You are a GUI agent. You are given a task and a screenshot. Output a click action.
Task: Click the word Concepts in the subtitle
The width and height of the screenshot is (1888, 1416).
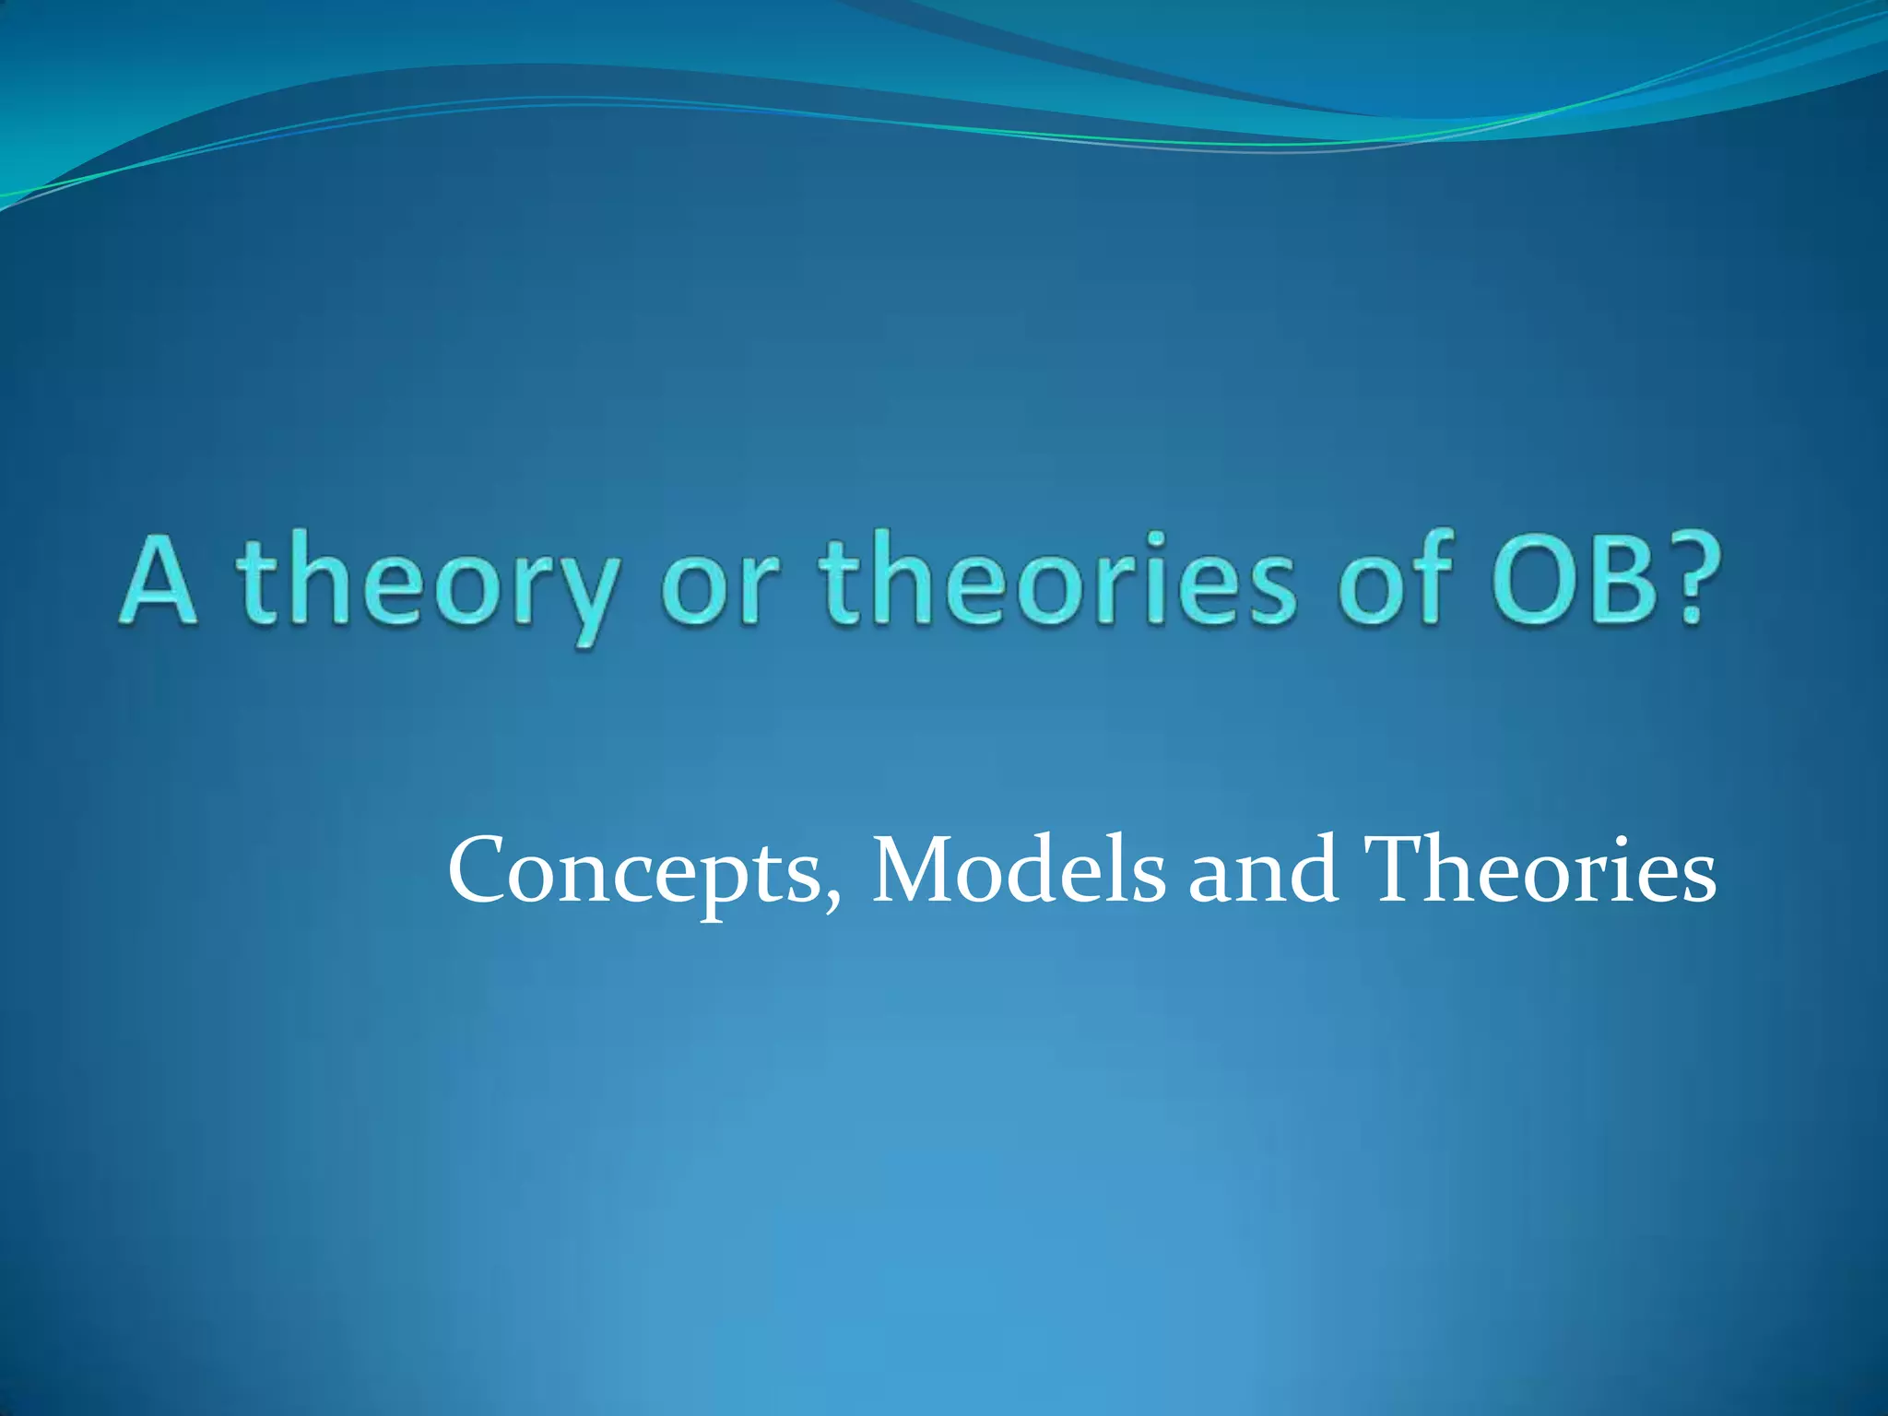[635, 872]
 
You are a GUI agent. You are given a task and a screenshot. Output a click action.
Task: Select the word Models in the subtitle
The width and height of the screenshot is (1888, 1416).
[1018, 870]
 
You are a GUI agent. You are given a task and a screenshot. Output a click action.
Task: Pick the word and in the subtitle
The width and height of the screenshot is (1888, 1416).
[1263, 872]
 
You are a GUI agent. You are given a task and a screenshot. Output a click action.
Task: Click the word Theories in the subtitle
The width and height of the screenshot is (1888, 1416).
[1540, 870]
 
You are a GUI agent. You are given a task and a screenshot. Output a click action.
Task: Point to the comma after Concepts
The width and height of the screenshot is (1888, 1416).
[833, 900]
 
